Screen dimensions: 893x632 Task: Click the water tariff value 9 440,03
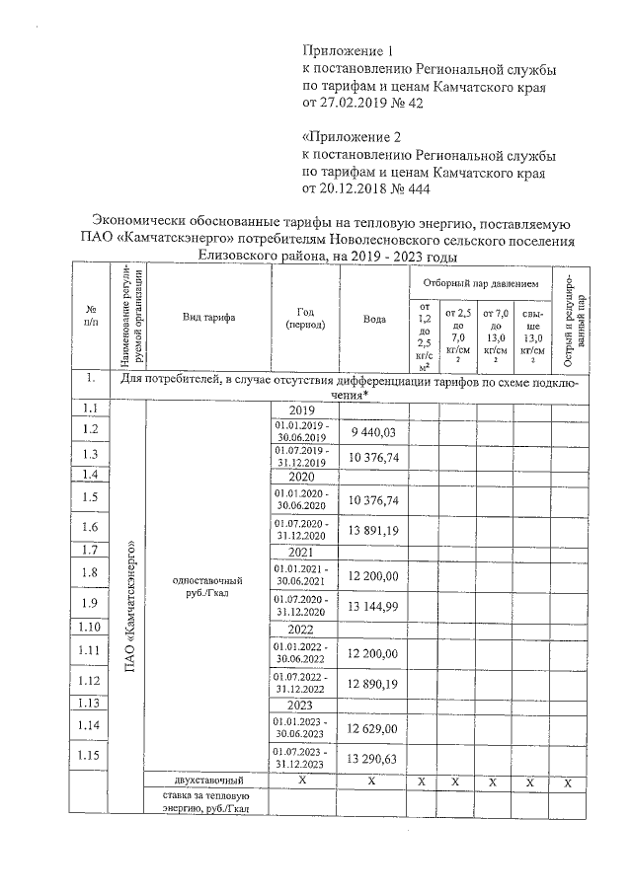[373, 432]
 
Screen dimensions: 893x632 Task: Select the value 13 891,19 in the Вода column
[373, 530]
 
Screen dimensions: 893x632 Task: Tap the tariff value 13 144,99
[373, 606]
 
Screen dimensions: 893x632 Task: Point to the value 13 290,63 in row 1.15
[373, 758]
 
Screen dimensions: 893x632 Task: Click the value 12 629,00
[373, 728]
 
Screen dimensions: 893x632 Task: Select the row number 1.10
[91, 627]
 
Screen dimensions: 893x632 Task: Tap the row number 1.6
[91, 527]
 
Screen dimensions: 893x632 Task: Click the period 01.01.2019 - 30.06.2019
[301, 430]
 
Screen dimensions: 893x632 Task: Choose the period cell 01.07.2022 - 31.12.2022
[301, 682]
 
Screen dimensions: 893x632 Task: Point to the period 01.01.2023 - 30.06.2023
[301, 727]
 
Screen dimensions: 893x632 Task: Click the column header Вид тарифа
[207, 317]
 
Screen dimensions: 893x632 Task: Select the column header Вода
[373, 319]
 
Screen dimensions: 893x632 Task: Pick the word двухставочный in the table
[207, 781]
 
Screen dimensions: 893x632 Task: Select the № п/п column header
[91, 317]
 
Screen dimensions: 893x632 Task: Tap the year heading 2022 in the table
[301, 629]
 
